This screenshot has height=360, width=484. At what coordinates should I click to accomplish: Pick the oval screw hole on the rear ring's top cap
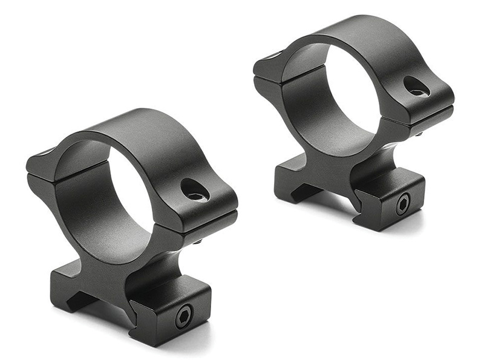[416, 87]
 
